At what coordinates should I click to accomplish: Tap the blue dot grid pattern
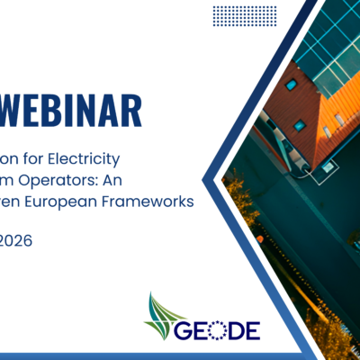click(244, 15)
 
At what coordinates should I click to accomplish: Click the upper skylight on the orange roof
click(292, 85)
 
